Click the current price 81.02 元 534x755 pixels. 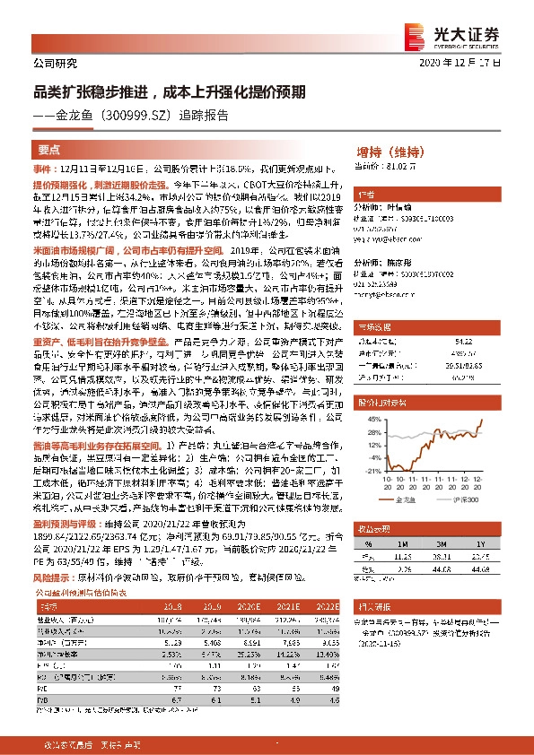pos(397,166)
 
